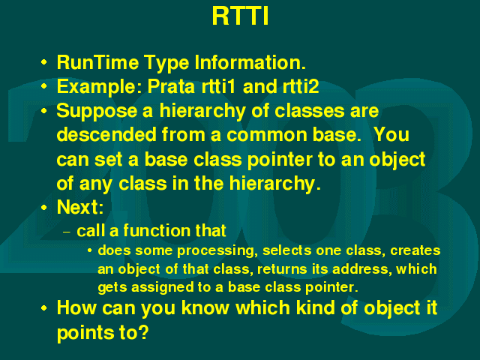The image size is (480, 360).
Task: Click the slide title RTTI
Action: (x=240, y=16)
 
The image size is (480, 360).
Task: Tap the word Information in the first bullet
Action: (x=250, y=62)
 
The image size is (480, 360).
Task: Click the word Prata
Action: (x=171, y=86)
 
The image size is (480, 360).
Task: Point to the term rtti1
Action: (x=218, y=86)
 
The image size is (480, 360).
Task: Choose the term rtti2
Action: (x=301, y=86)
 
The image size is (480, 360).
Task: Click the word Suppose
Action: (x=97, y=112)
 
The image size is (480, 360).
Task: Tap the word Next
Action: (x=80, y=207)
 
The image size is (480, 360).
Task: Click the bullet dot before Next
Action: (x=44, y=208)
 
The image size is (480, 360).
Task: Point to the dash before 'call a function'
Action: (x=67, y=232)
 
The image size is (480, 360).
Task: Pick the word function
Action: (x=156, y=230)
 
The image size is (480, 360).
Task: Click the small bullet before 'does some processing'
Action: (x=89, y=251)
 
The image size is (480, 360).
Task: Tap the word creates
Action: (x=415, y=250)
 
